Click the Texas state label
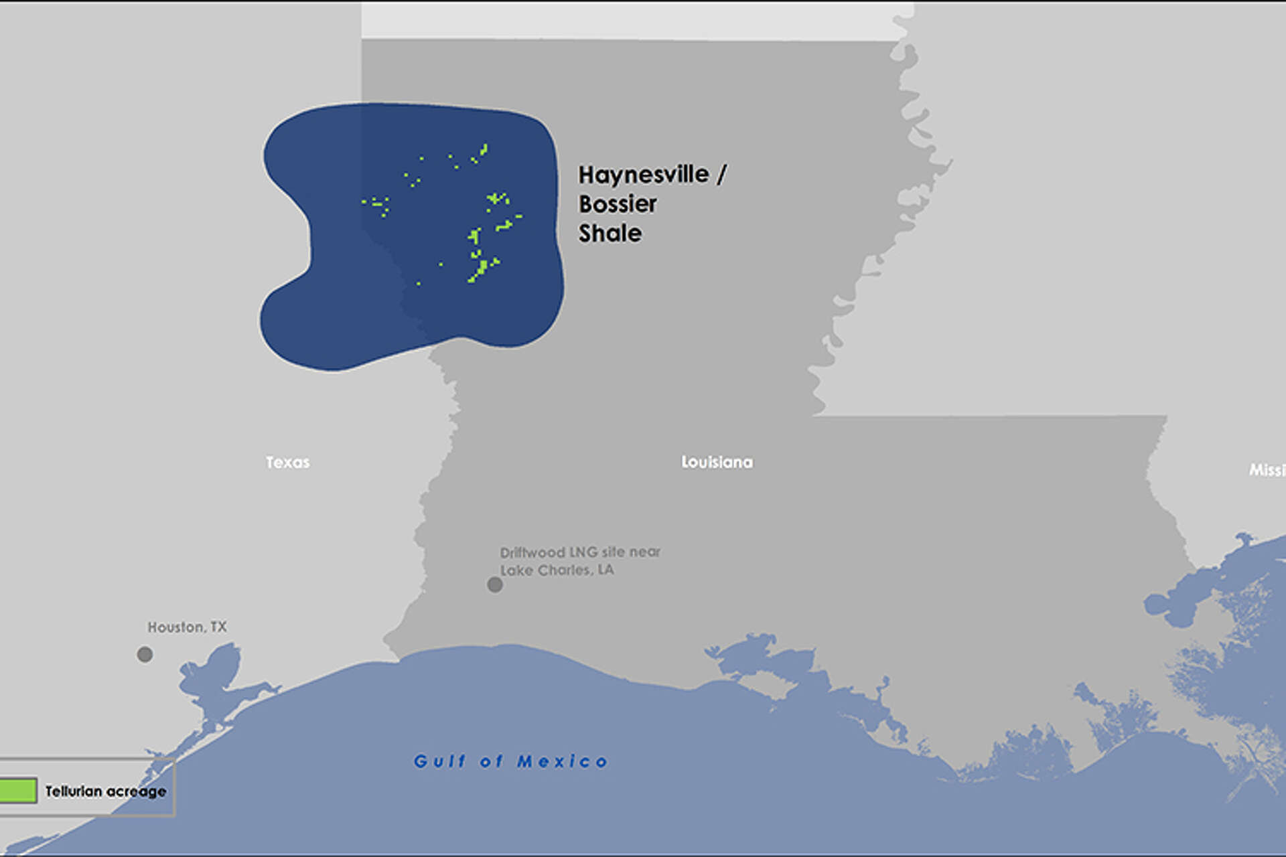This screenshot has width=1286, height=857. click(x=287, y=462)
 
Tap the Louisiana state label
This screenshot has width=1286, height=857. click(x=717, y=462)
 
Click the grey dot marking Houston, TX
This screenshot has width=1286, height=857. click(x=145, y=654)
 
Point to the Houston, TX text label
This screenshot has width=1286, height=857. click(x=187, y=627)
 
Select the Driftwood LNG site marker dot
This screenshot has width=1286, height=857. click(x=495, y=585)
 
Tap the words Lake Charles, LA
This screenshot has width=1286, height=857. click(x=557, y=570)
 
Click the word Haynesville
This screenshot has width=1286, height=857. click(x=644, y=175)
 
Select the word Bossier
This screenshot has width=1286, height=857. click(x=618, y=204)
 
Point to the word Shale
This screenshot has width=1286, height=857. click(x=610, y=234)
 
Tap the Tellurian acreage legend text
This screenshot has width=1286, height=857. click(x=106, y=791)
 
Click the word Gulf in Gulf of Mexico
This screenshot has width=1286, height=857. click(x=439, y=761)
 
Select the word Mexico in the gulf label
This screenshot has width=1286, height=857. click(x=563, y=761)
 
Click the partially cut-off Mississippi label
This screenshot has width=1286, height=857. click(x=1267, y=470)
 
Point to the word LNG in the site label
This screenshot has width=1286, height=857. click(x=580, y=552)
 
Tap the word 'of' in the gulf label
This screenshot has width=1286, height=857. click(x=491, y=761)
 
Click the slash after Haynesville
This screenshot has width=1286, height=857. click(x=721, y=175)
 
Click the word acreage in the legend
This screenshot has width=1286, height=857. click(x=138, y=791)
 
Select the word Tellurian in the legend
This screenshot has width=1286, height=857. click(x=73, y=791)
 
